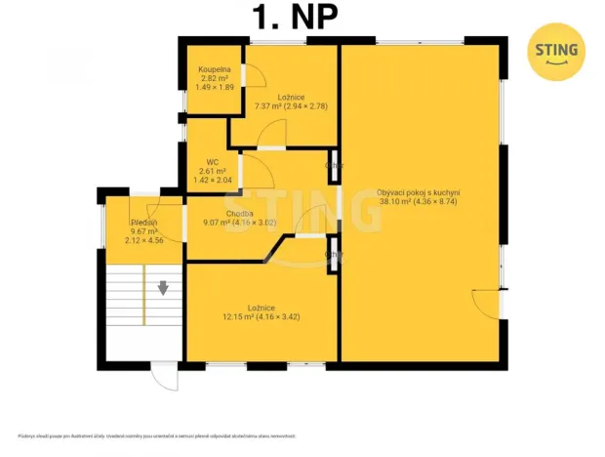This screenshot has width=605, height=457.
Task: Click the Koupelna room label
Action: [x=214, y=69]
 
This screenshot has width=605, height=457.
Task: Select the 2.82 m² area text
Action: [x=214, y=78]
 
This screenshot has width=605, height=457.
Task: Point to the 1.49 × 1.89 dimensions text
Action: [x=215, y=87]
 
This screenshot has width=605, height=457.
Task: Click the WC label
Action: [x=212, y=162]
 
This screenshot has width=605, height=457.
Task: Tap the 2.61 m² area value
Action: [x=212, y=171]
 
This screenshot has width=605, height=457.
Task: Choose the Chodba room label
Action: [x=239, y=214]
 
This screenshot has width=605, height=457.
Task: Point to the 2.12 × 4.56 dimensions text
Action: [x=144, y=240]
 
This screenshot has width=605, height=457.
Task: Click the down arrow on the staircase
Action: [x=163, y=288]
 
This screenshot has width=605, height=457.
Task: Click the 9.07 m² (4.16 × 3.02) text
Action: [x=239, y=223]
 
